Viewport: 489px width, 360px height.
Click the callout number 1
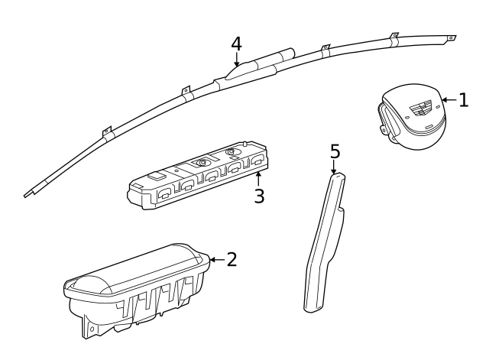[464, 100]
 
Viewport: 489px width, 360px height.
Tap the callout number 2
[232, 259]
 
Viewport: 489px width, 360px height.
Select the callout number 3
[259, 196]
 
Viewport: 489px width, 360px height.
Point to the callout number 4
[236, 44]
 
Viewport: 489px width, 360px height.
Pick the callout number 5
[335, 151]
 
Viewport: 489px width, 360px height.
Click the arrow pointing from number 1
[449, 100]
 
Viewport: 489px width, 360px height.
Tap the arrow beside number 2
[217, 259]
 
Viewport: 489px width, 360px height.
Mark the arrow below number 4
[237, 60]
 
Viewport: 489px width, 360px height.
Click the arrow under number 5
[334, 167]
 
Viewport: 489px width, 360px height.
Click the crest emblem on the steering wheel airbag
[420, 108]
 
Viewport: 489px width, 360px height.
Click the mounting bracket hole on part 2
[92, 329]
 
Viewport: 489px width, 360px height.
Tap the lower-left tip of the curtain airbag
[25, 196]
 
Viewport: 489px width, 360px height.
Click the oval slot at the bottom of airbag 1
[429, 127]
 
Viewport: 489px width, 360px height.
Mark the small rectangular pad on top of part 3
[157, 177]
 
